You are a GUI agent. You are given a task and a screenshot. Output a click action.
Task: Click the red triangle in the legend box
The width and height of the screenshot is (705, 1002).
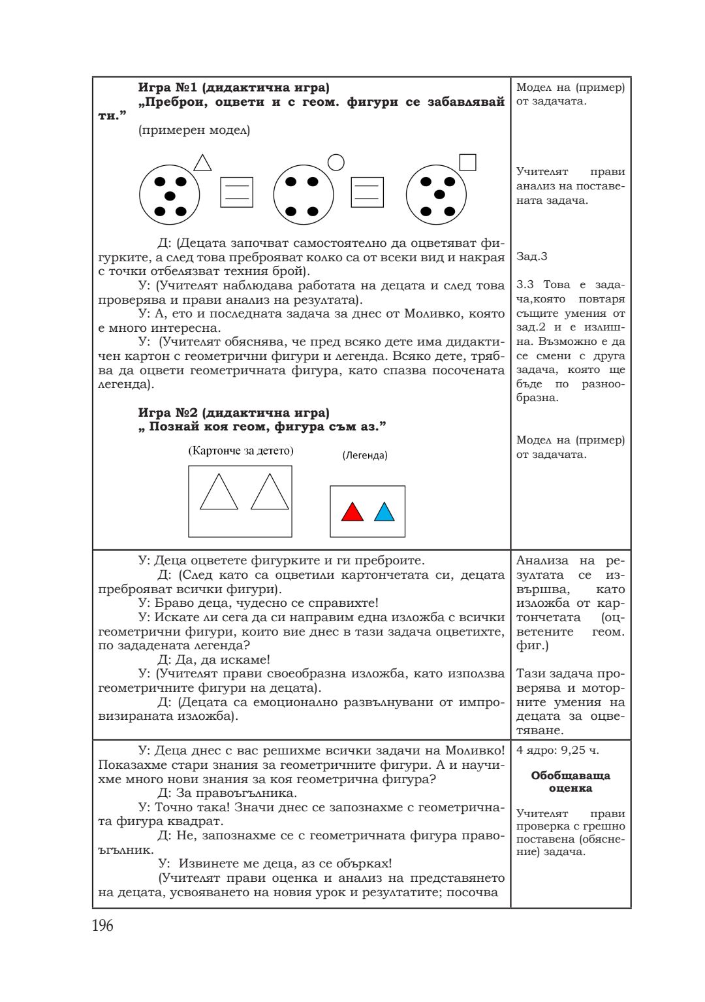click(x=352, y=512)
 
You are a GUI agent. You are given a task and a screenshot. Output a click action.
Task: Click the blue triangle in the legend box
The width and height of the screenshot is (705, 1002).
click(x=384, y=512)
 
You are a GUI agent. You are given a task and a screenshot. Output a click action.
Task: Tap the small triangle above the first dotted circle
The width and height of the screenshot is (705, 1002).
click(x=202, y=163)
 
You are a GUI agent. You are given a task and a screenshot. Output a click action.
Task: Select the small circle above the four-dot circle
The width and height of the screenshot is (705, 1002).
click(x=336, y=162)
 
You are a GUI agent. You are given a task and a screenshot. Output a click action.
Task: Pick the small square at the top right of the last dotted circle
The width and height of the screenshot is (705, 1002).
click(x=467, y=162)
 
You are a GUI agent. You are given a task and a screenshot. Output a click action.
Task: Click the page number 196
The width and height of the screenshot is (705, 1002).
click(x=102, y=926)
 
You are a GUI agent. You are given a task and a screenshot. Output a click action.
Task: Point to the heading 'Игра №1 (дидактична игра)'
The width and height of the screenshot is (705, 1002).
click(x=234, y=88)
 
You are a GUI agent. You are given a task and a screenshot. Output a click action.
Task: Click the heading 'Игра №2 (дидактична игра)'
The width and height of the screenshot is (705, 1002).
click(x=234, y=413)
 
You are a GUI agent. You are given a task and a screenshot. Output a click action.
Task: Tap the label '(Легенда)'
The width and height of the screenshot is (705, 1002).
click(x=365, y=455)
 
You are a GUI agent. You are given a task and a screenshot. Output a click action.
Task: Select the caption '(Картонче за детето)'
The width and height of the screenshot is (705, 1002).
click(x=241, y=451)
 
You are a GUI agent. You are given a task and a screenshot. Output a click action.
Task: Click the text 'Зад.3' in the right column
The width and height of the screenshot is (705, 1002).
click(x=531, y=257)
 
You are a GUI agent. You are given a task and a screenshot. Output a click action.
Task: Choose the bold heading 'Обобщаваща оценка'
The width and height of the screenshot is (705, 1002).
click(x=570, y=782)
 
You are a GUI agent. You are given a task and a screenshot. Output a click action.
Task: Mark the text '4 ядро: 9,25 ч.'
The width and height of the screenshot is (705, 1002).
click(x=557, y=751)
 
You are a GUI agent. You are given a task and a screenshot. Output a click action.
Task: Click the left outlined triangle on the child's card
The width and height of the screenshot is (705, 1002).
click(x=219, y=493)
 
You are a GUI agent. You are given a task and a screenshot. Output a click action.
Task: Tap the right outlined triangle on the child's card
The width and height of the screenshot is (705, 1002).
click(x=270, y=493)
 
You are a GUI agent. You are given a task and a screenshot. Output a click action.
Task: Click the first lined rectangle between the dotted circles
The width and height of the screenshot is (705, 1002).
click(x=236, y=193)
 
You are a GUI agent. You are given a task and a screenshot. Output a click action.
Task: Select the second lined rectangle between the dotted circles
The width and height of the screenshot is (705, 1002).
click(x=367, y=193)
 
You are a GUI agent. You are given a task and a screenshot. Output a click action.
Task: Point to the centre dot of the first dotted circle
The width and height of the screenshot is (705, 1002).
click(x=170, y=196)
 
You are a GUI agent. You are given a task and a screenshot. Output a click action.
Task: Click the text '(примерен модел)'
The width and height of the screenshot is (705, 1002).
click(x=194, y=130)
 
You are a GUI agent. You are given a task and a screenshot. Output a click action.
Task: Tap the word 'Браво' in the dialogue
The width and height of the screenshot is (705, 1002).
click(x=172, y=603)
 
